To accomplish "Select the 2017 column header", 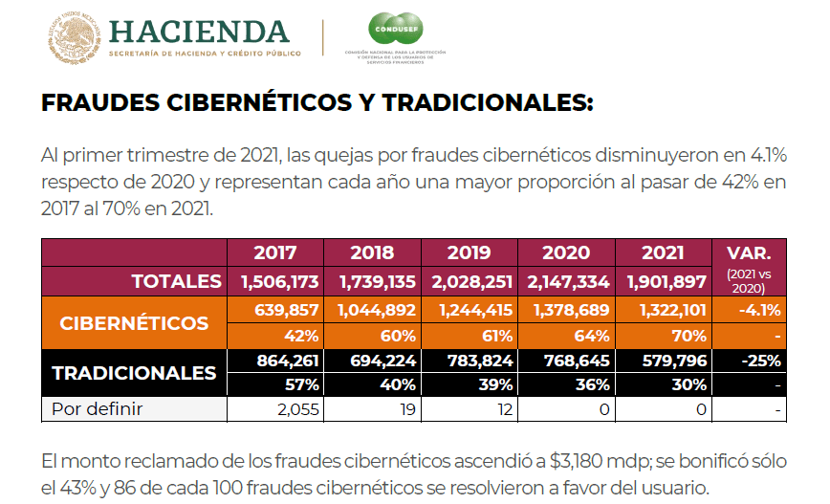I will pos(275,253).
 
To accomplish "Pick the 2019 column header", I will pos(469,253).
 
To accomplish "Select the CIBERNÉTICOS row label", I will pos(134,322).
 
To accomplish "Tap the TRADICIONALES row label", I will pos(134,373).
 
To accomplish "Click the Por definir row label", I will pos(97,410).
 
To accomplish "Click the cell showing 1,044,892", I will pos(372,310).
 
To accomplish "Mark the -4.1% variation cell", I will pos(759,310).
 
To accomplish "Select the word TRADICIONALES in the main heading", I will pos(486,102).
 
